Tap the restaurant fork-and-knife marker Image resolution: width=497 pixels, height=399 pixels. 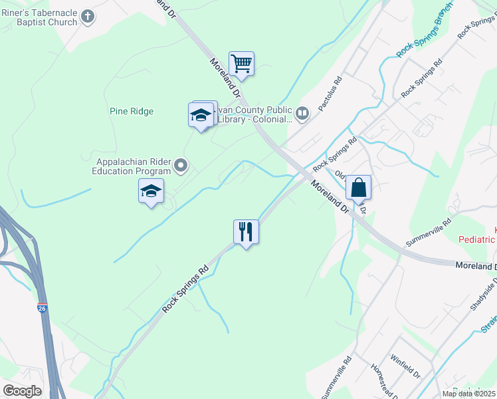(246, 232)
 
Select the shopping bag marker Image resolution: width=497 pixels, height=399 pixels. (358, 188)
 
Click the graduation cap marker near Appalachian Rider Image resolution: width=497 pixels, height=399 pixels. (151, 192)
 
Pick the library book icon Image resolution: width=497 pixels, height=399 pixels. (302, 114)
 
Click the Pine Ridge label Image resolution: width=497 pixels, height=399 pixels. (132, 111)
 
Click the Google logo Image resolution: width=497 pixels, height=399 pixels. (22, 391)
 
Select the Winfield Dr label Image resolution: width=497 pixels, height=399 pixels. (406, 366)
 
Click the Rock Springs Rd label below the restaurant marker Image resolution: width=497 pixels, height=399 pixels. (185, 291)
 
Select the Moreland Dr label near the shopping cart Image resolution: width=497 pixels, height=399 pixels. (223, 78)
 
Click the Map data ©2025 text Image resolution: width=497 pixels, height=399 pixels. (469, 394)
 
